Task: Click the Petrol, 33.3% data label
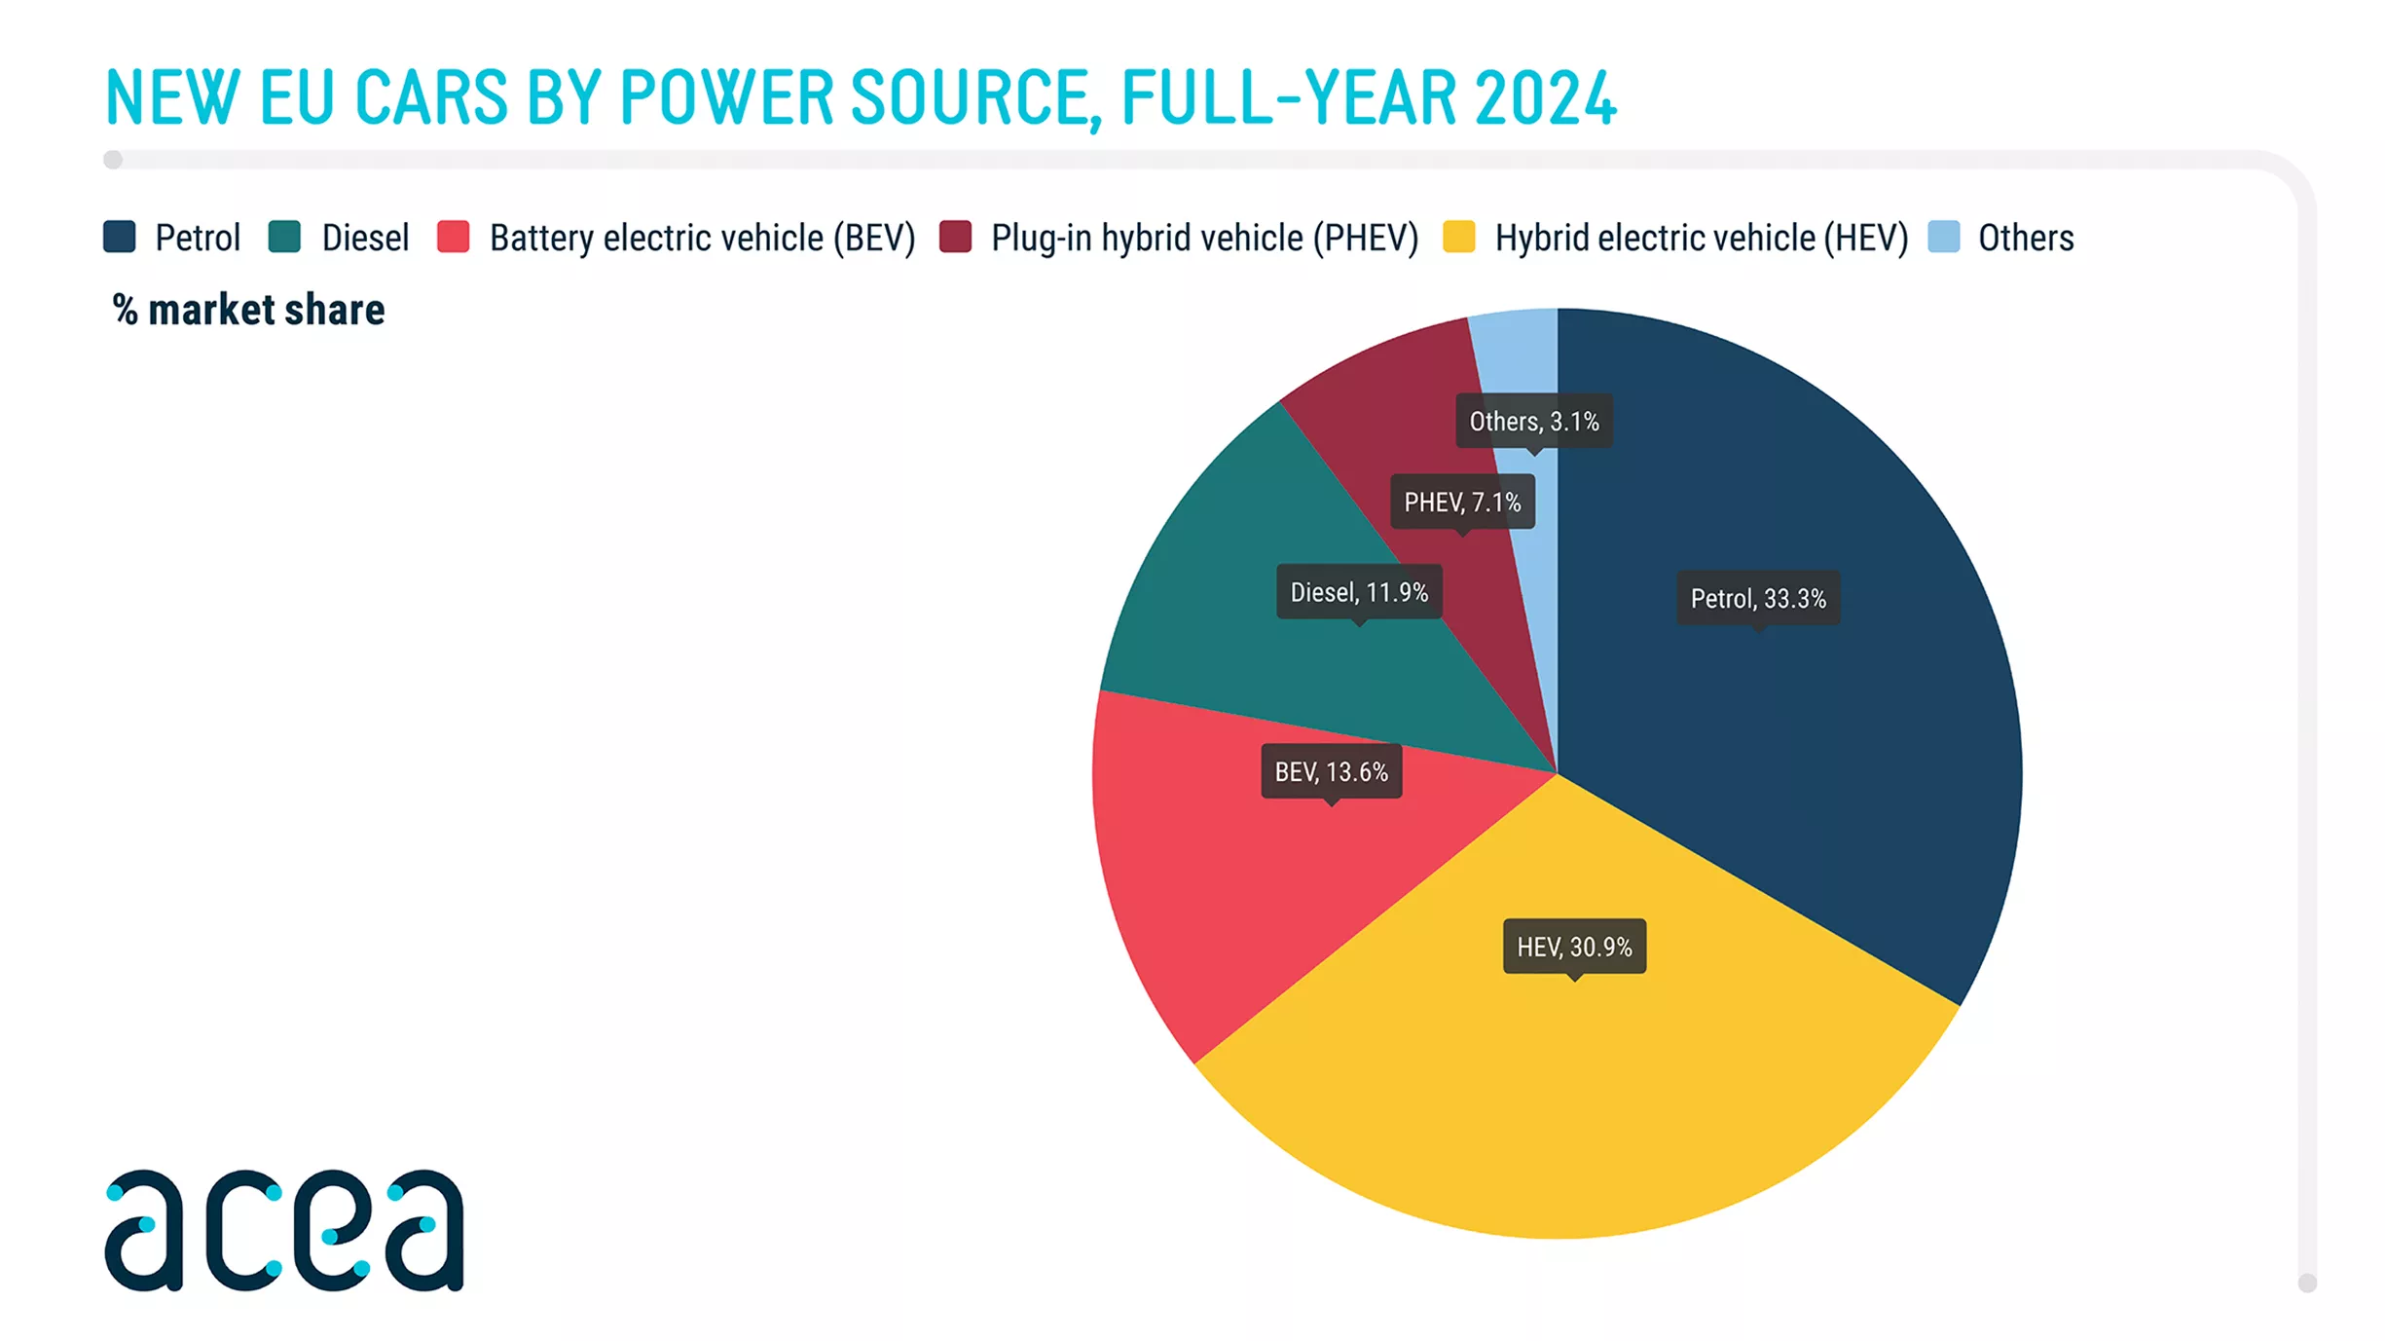click(x=1758, y=598)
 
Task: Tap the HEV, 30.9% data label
click(x=1575, y=947)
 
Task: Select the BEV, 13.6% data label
click(x=1332, y=772)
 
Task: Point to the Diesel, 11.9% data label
click(x=1359, y=592)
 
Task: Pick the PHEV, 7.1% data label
click(x=1462, y=503)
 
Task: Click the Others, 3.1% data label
click(x=1534, y=422)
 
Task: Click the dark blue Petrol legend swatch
click(x=120, y=237)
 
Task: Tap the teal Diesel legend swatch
click(x=284, y=237)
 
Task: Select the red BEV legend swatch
click(x=454, y=237)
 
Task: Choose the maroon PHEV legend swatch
click(x=956, y=237)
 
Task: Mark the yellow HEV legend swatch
click(x=1459, y=237)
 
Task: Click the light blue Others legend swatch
click(x=1944, y=237)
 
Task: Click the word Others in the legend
click(x=2026, y=238)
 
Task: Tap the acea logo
click(x=284, y=1230)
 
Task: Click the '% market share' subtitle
click(x=249, y=310)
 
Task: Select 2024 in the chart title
click(x=1545, y=97)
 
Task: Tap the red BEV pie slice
click(x=1266, y=857)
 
